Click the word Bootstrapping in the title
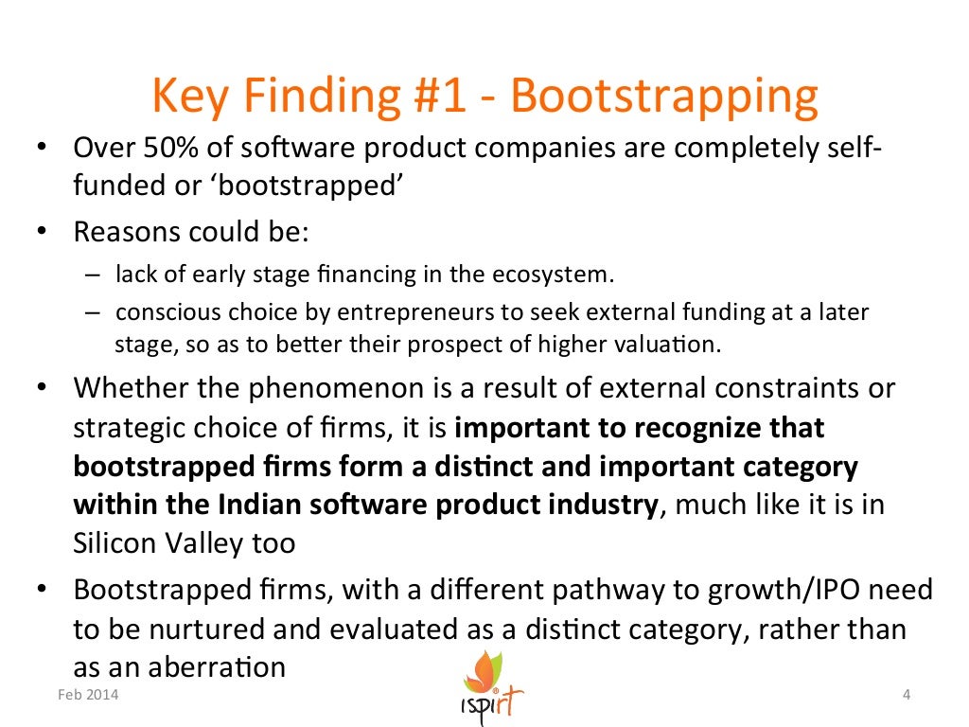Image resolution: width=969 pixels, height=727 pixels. coord(662,98)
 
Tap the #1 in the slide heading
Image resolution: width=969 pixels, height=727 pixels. coord(440,98)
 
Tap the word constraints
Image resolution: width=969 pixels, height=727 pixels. coord(803,388)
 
